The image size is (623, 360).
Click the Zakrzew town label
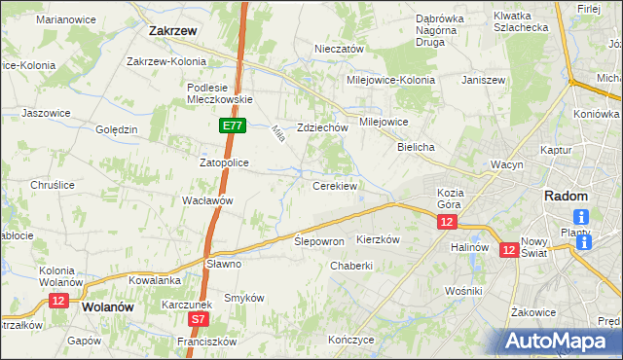[174, 30]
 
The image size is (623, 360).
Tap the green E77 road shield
[232, 126]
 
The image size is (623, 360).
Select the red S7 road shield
[199, 318]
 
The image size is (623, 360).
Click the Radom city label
[565, 196]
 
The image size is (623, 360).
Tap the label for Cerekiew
[335, 185]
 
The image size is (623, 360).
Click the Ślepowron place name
[319, 240]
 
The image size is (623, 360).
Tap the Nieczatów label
[339, 49]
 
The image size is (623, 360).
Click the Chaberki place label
[351, 266]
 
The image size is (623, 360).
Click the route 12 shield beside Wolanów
[57, 302]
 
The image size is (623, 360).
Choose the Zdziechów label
[323, 127]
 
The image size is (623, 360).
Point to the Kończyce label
[351, 341]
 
